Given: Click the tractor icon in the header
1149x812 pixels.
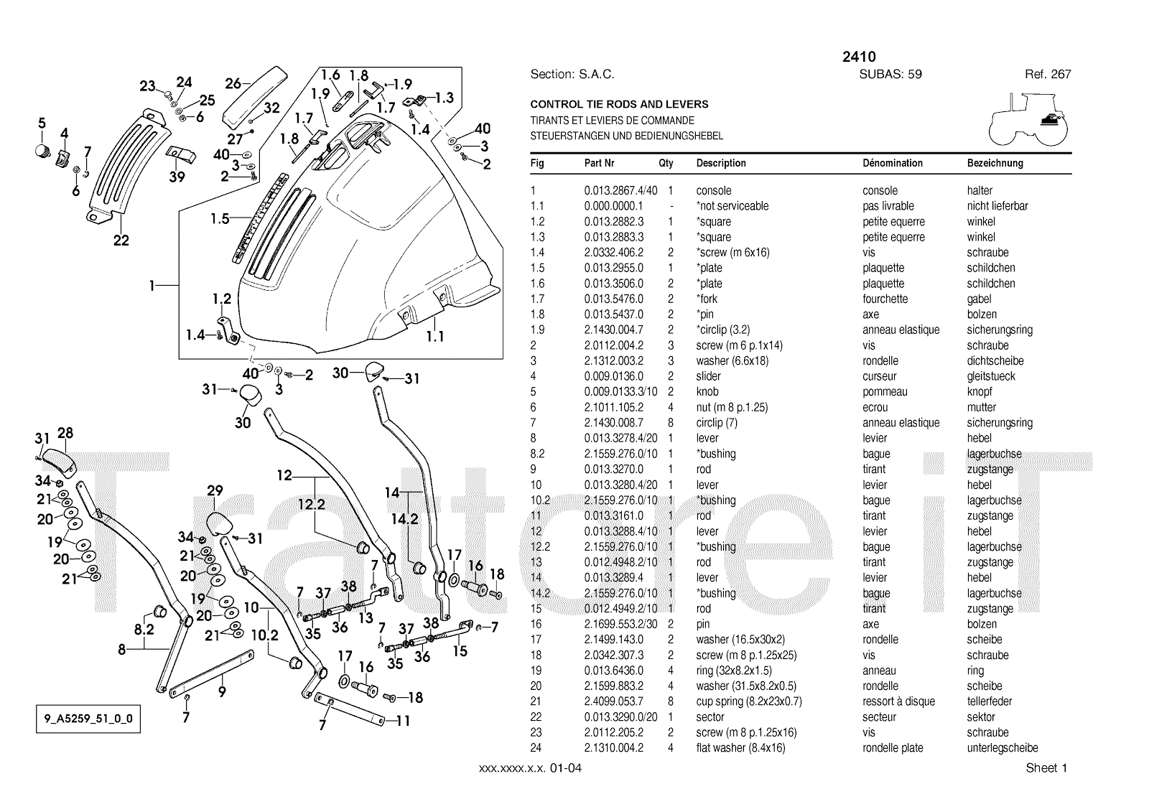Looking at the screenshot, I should coord(1028,120).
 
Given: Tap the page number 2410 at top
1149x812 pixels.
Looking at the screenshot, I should coord(859,57).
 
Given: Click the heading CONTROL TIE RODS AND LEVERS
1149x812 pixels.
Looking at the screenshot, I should coord(619,104).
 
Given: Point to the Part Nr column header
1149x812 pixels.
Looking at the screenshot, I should coord(599,163).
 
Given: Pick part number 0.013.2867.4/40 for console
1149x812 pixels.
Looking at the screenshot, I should coord(620,190).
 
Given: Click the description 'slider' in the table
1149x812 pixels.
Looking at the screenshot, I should coord(708,376).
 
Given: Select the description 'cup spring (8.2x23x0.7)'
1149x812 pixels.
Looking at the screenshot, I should coord(748,701).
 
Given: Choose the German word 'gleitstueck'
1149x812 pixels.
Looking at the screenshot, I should coord(991,376).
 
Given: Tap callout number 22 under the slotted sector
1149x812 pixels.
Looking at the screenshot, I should coord(121,241).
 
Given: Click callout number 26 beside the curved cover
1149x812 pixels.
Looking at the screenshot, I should coord(233,84).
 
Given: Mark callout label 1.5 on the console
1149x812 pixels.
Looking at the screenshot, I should coord(220,219).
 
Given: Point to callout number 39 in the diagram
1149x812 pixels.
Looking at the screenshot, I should coord(177,177).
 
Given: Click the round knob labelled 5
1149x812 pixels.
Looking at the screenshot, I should coord(42,151).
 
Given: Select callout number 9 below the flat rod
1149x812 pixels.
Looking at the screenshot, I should coord(222,692).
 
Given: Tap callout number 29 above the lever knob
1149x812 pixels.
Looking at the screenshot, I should coord(215,491).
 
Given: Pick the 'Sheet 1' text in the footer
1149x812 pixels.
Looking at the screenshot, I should coord(1046,768).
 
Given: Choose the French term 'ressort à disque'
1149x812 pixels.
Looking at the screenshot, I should coord(898,701).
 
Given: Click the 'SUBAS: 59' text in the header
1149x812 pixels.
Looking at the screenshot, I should coord(890,74).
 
